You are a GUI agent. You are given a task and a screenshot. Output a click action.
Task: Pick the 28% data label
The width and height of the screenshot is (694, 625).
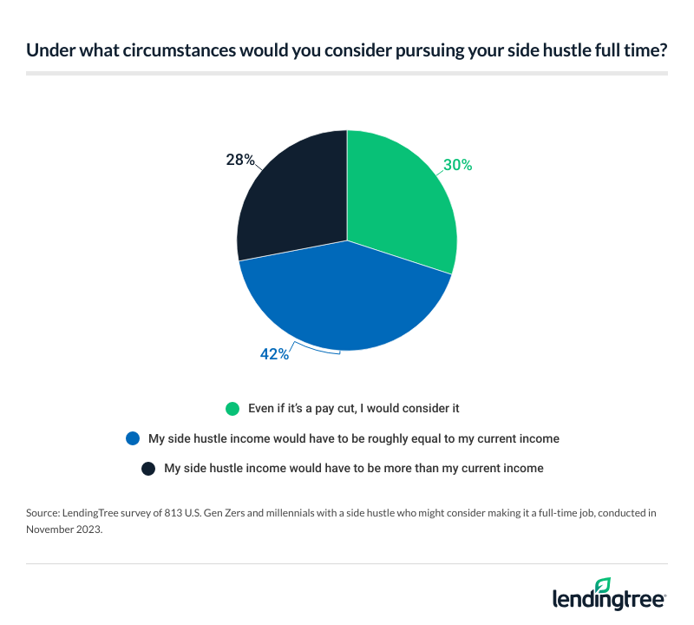[239, 160]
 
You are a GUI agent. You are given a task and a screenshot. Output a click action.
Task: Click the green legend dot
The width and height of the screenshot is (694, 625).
[232, 409]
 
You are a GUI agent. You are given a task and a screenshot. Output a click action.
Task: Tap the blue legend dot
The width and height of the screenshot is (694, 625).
[133, 438]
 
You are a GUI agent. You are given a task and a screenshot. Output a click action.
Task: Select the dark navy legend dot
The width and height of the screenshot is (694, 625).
[148, 468]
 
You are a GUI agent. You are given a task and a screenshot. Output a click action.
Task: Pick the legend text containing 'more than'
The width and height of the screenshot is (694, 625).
[353, 468]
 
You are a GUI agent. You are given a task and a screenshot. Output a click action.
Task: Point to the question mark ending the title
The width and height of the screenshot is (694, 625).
[664, 51]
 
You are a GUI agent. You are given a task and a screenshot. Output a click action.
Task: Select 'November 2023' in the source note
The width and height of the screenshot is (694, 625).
[63, 528]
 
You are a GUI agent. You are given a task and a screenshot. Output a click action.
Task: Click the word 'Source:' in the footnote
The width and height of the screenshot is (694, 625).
[44, 513]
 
